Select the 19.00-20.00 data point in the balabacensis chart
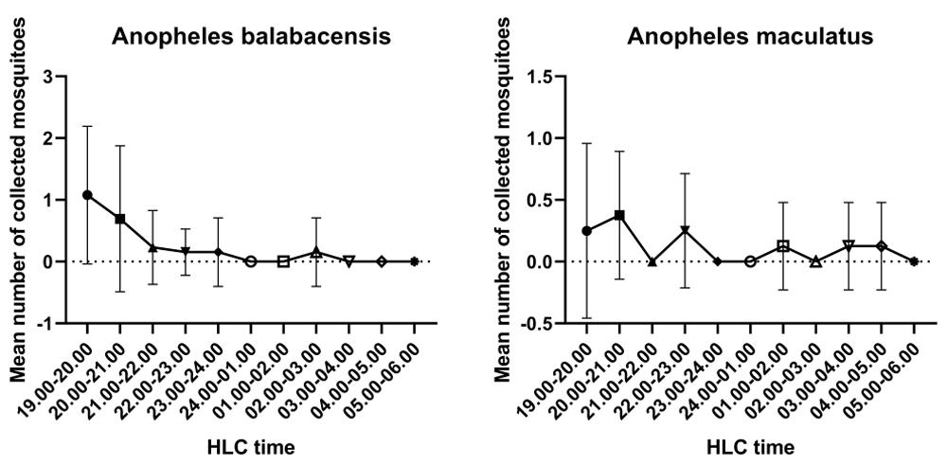coord(88,195)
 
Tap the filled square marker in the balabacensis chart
coord(120,219)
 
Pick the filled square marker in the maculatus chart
coord(619,215)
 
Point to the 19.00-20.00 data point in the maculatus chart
coord(587,231)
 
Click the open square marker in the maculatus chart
coord(783,246)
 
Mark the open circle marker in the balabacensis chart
coord(251,261)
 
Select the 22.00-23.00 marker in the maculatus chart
coord(685,230)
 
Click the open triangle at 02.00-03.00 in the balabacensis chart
coord(316,252)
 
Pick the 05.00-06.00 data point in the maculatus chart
coord(914,261)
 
